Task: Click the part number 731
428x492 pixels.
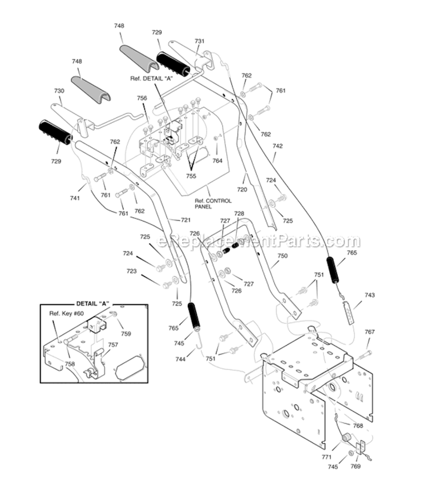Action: [x=199, y=41]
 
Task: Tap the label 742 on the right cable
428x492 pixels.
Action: [x=277, y=146]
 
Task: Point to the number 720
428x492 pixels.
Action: [x=243, y=189]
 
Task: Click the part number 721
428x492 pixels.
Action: [x=185, y=220]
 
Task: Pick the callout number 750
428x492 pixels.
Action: [x=282, y=256]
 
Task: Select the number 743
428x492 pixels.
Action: [x=370, y=295]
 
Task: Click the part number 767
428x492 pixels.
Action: [x=370, y=332]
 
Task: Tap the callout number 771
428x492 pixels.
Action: [x=327, y=458]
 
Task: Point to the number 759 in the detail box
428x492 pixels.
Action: [x=125, y=334]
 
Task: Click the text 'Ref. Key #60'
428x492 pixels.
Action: [x=66, y=313]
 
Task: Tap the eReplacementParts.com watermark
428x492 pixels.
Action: [x=258, y=241]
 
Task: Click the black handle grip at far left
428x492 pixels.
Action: [x=55, y=132]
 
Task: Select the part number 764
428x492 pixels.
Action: [x=217, y=161]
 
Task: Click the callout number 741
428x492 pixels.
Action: [x=75, y=197]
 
